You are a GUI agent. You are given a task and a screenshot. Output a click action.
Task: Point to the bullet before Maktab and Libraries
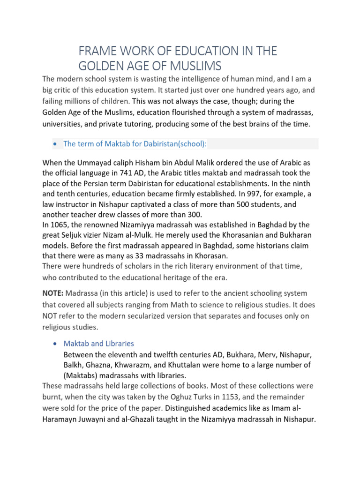click(x=56, y=344)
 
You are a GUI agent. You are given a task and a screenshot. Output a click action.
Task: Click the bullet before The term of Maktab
click(x=56, y=144)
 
